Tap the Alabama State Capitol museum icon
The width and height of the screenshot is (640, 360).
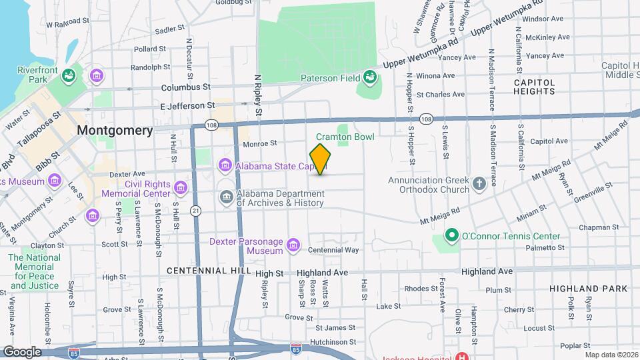point(225,165)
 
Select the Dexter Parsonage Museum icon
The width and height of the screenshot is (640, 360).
point(292,246)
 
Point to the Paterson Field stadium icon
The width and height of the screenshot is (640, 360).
point(369,79)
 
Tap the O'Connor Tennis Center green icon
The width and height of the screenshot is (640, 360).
point(451,236)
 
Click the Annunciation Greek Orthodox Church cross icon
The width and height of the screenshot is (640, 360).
point(478,183)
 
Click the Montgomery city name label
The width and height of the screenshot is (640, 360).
point(115,131)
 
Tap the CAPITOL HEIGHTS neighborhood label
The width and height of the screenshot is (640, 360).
point(534,87)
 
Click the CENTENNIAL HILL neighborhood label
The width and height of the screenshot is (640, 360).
point(208,271)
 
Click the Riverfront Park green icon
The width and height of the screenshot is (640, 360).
point(67,77)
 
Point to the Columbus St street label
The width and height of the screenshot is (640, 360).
point(185,87)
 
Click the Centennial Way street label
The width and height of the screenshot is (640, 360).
point(333,250)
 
